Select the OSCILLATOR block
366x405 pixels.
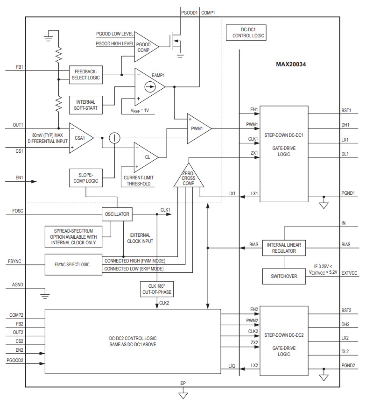tap(117, 214)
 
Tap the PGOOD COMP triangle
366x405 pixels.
tap(145, 46)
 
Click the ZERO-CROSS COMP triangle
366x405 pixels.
tap(189, 178)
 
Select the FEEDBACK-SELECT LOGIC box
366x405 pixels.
tap(85, 75)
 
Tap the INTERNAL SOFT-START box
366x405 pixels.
tap(85, 105)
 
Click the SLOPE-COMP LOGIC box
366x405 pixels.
tap(85, 178)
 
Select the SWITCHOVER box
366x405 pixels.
tap(284, 276)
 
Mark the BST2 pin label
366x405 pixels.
tap(345, 310)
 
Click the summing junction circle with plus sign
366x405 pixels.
tap(114, 138)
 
